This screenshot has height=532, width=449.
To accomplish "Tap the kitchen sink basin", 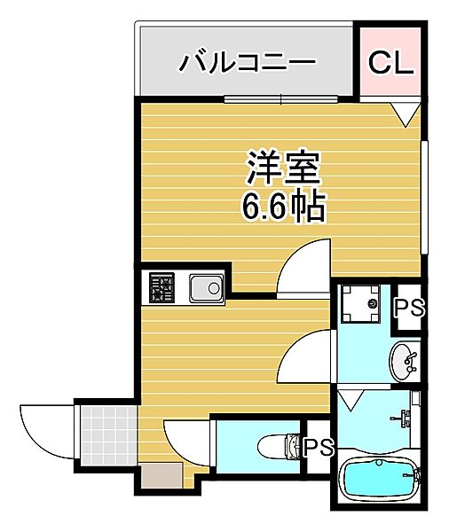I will (x=206, y=288).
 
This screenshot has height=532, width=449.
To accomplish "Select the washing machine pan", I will (x=364, y=307).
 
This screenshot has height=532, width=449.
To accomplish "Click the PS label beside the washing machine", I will (x=410, y=308).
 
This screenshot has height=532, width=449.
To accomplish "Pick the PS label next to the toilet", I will (x=317, y=447).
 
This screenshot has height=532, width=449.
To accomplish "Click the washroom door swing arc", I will (x=306, y=355).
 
